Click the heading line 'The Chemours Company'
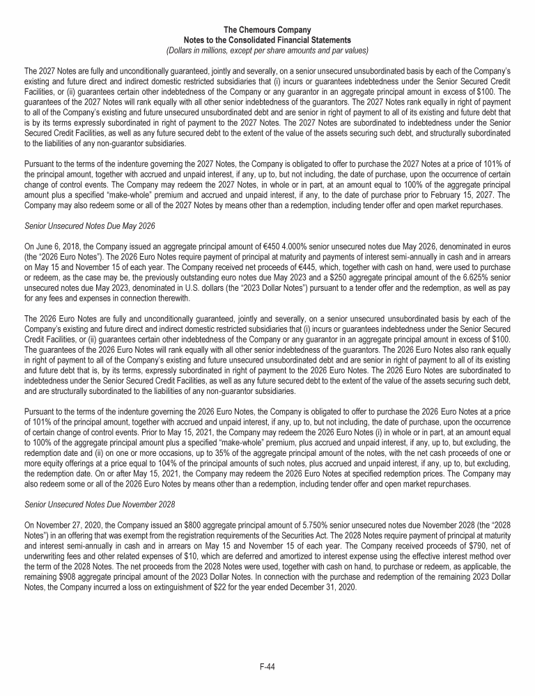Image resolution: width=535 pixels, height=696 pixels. tap(267, 30)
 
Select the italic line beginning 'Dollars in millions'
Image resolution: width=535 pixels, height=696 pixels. tap(267, 50)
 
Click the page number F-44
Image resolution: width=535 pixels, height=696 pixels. tap(267, 667)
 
